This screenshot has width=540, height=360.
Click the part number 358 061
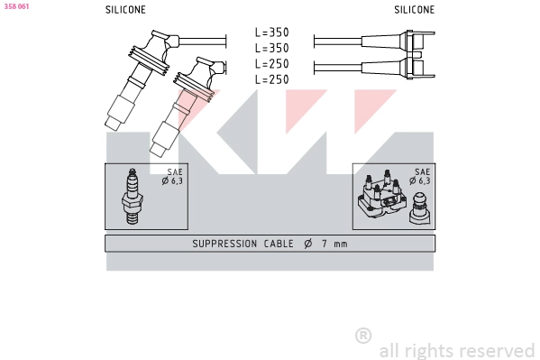[16, 6]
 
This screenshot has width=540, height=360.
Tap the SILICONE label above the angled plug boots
[125, 10]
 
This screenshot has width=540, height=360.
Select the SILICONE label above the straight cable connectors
[414, 10]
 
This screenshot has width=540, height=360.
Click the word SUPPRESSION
[224, 245]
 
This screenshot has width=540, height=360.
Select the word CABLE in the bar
[278, 245]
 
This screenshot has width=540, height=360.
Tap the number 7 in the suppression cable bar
[321, 245]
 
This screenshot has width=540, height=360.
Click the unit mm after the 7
[339, 245]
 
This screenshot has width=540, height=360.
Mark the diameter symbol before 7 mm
[307, 245]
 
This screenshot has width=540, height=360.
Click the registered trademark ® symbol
[362, 336]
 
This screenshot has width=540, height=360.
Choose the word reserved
[497, 350]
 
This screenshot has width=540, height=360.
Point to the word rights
[429, 350]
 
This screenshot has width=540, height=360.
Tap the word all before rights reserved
[389, 350]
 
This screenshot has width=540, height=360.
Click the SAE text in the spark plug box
[173, 171]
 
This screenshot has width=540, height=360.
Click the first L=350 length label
[271, 32]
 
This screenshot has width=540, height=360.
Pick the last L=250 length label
[271, 79]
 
